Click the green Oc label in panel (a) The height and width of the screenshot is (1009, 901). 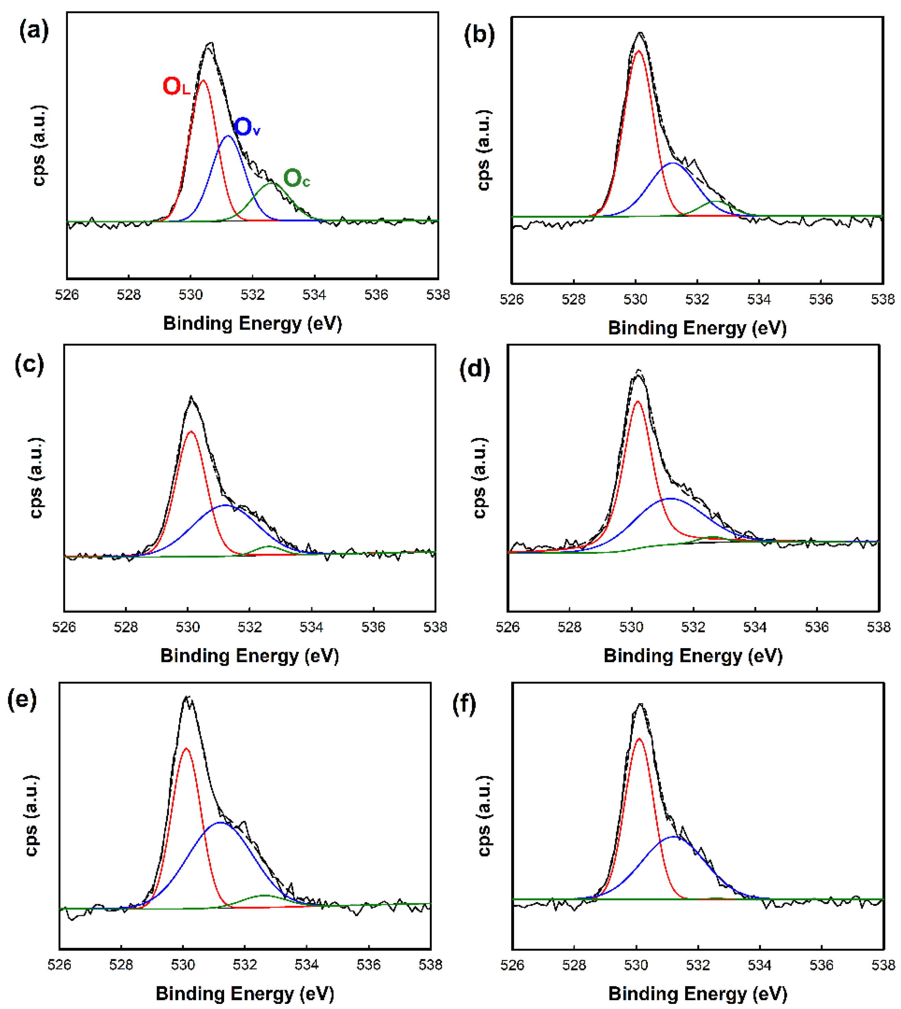tap(296, 179)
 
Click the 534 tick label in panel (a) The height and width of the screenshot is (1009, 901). tap(314, 295)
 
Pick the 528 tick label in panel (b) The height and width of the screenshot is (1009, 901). tap(573, 299)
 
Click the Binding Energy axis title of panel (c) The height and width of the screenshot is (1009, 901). tap(249, 656)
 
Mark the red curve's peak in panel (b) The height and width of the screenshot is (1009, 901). tap(639, 50)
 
